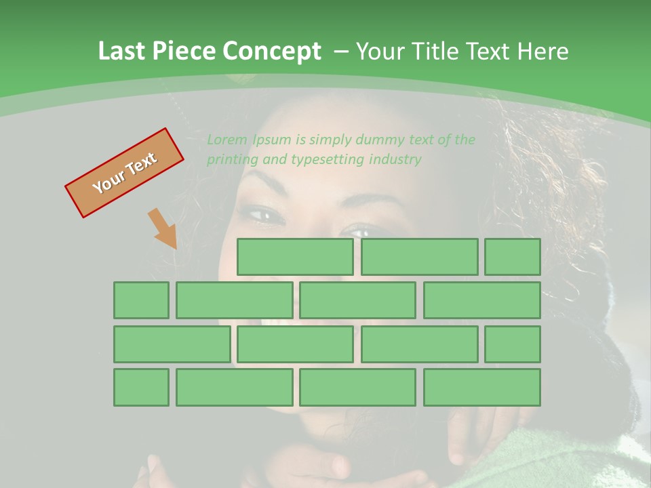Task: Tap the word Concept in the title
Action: pos(273,52)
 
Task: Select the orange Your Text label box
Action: pos(124,173)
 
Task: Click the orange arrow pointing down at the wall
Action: pos(163,228)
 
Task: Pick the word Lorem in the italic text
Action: pos(227,140)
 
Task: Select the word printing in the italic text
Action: pos(231,160)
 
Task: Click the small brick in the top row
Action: pos(512,257)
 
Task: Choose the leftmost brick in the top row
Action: pos(295,257)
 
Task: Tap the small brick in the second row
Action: pos(141,300)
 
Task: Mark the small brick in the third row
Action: pos(512,344)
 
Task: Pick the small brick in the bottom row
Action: pos(141,388)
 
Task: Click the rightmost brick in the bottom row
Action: pos(481,388)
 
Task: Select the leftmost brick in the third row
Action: pos(172,344)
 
